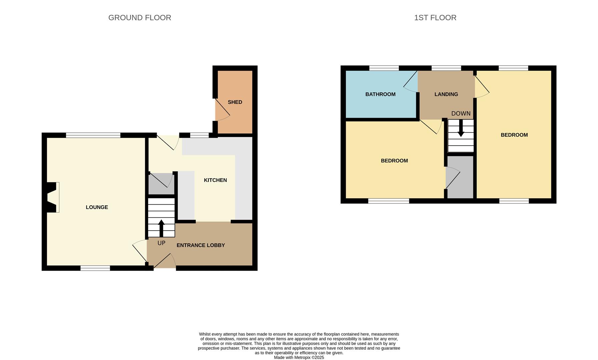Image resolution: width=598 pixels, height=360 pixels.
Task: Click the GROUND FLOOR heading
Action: pyautogui.click(x=139, y=18)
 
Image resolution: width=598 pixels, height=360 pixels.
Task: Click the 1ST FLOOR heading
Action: pyautogui.click(x=435, y=18)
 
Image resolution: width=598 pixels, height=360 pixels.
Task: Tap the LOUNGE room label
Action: pyautogui.click(x=97, y=207)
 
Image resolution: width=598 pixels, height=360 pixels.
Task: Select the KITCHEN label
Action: pyautogui.click(x=215, y=180)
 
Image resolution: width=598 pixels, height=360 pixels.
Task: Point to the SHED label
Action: pyautogui.click(x=235, y=102)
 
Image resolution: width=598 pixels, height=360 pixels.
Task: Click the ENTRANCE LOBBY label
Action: pyautogui.click(x=200, y=245)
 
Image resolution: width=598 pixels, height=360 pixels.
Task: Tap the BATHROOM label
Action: pyautogui.click(x=380, y=94)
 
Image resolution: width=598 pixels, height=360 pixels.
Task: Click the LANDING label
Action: pyautogui.click(x=446, y=94)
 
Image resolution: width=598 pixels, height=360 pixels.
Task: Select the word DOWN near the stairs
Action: pyautogui.click(x=461, y=114)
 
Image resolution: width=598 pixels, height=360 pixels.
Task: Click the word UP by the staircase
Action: pyautogui.click(x=161, y=243)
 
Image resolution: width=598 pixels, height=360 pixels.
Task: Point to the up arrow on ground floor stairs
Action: pyautogui.click(x=161, y=228)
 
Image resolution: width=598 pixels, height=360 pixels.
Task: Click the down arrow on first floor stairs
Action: pyautogui.click(x=461, y=128)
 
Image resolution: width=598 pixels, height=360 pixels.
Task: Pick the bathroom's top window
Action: pyautogui.click(x=384, y=68)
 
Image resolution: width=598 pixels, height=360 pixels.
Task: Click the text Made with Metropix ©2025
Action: pyautogui.click(x=299, y=357)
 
